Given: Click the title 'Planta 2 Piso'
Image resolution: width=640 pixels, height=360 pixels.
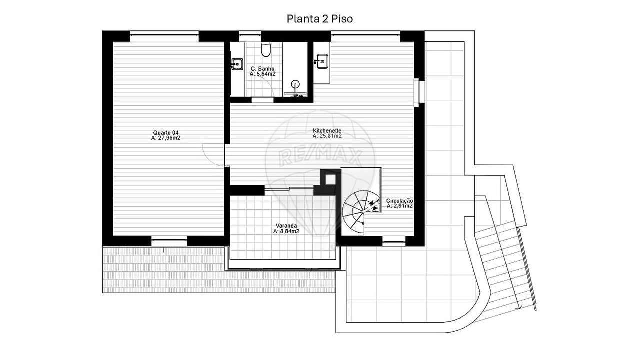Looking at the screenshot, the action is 319,19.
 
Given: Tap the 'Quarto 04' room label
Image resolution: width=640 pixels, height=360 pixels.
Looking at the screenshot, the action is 166,133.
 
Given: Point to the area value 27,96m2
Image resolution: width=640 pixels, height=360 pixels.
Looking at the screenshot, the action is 166,138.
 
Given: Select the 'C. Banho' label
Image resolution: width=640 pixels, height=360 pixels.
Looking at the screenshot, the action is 263,69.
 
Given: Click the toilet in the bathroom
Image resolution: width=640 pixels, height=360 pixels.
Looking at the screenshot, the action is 266,49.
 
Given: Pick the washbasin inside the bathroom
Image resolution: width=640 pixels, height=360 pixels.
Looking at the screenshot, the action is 237,64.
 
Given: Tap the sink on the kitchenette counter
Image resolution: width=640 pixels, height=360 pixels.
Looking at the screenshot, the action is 322,61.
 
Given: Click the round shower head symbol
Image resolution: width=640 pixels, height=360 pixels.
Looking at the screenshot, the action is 295,84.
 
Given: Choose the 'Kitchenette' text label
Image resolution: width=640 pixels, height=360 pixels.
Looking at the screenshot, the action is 327,131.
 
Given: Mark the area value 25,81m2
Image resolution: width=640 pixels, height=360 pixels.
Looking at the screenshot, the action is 327,136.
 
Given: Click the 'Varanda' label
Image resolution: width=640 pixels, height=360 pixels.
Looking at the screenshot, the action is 286,226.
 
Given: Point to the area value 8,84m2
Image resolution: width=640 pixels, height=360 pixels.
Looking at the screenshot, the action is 286,231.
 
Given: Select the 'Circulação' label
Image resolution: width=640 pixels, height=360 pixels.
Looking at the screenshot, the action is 399,201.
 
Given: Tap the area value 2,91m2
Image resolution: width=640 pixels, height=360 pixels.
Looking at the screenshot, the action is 399,206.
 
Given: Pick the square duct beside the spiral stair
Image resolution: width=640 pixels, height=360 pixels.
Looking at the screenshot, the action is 330,180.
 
